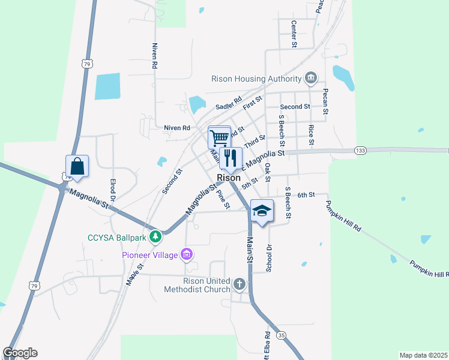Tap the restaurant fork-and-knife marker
pos(231,158)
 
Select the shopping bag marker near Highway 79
pos(77,166)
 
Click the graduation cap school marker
pos(262,211)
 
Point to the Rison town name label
pos(229,178)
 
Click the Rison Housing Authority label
pos(256,79)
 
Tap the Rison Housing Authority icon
pos(311,78)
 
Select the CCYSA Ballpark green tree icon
pos(155,237)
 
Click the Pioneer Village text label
pos(150,256)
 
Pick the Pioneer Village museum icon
pos(187,255)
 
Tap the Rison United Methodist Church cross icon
pos(240,284)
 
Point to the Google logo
pos(20,353)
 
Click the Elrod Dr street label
pos(112,190)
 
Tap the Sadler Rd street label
pos(229,103)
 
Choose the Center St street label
pos(294,34)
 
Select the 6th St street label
pos(306,194)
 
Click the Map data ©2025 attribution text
pos(423,355)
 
